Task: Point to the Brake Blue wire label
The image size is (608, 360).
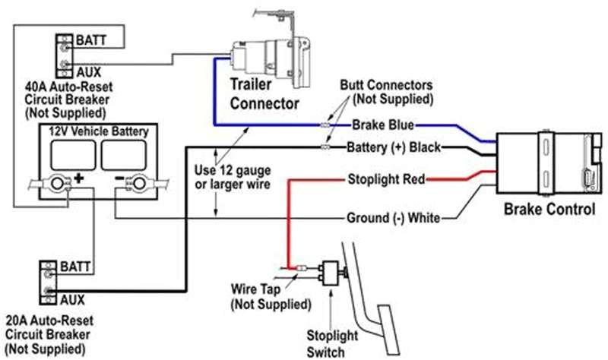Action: [x=383, y=124]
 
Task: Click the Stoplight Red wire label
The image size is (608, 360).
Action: [x=385, y=180]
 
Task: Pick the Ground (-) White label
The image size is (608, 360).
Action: [x=393, y=218]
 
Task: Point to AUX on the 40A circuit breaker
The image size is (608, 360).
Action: [x=88, y=70]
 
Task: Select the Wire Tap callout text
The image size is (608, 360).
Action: [x=270, y=297]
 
